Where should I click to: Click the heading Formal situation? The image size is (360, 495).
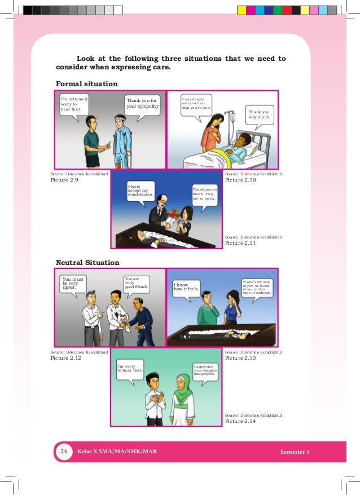click(86, 84)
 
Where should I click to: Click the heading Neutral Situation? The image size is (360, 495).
click(87, 262)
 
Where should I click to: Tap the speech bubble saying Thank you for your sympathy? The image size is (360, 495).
click(143, 105)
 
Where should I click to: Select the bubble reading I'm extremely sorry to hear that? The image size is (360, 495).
click(74, 104)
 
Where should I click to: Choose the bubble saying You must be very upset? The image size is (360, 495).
click(75, 283)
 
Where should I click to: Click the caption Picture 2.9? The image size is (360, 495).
click(64, 180)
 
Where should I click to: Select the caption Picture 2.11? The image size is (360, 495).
click(240, 244)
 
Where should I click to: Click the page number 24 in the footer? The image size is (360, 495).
click(64, 452)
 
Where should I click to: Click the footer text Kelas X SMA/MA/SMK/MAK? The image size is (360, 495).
click(118, 452)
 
